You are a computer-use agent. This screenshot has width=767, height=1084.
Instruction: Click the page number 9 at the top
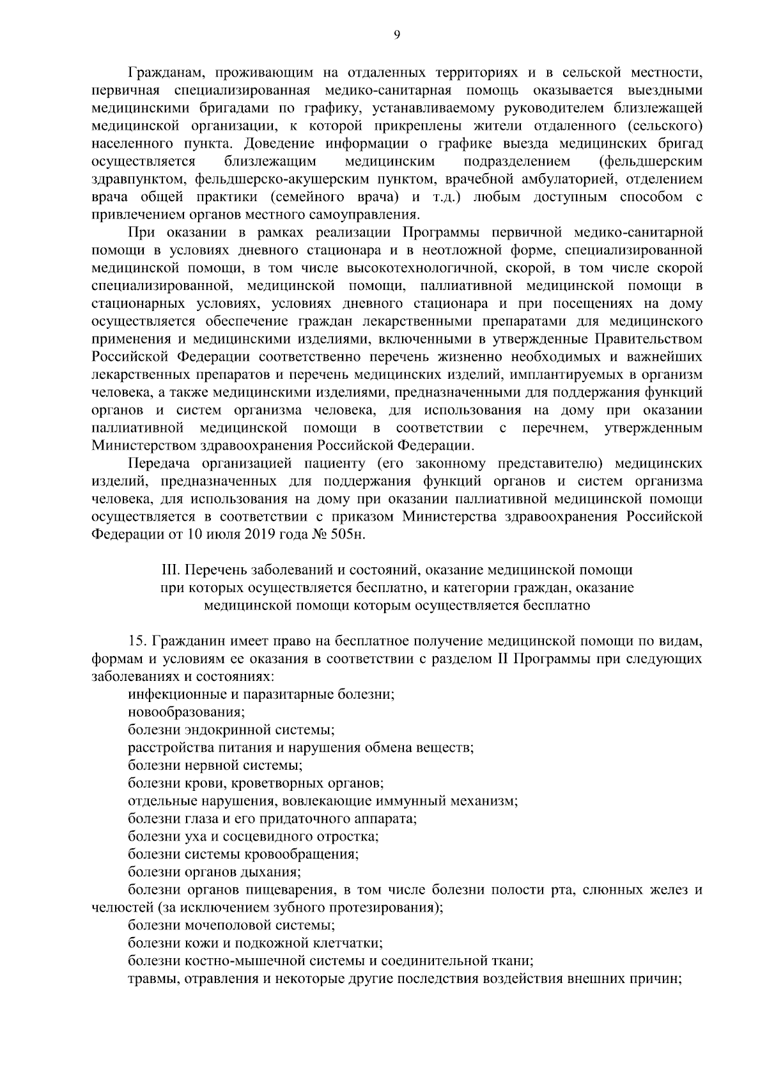[x=396, y=36]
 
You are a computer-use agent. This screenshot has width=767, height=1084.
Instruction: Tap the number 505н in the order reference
[x=349, y=534]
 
